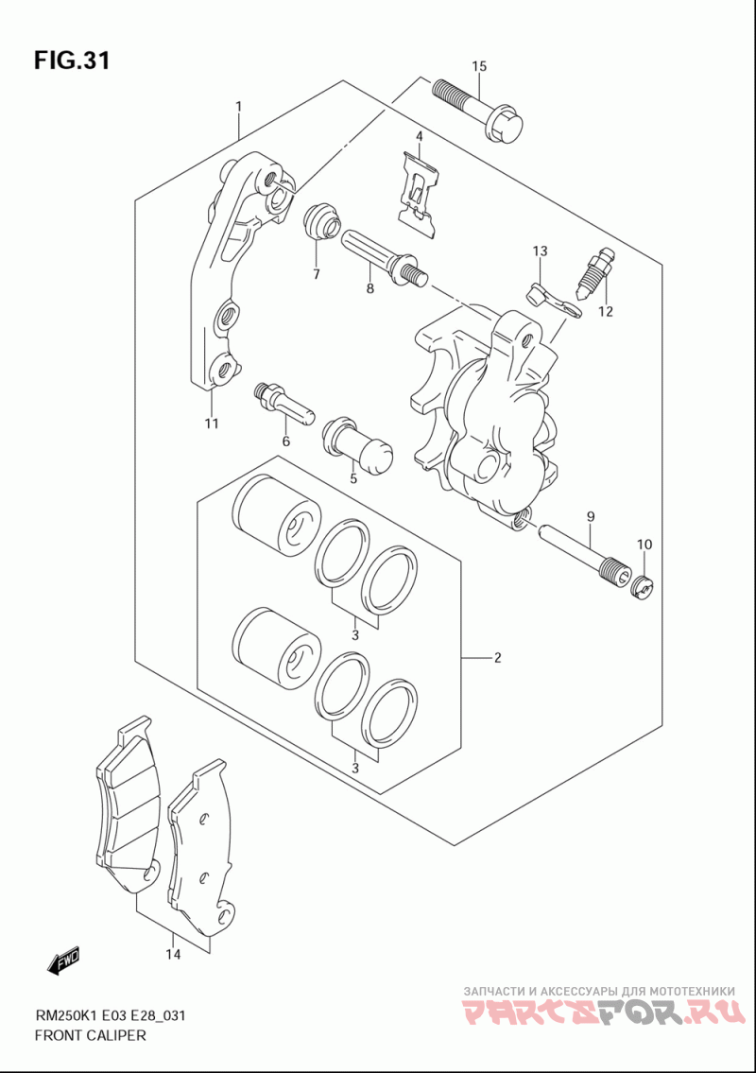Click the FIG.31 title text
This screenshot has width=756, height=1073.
click(x=72, y=61)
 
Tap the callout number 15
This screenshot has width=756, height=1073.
click(x=479, y=66)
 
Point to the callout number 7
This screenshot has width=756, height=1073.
click(x=316, y=274)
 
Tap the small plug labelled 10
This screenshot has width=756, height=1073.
click(x=644, y=588)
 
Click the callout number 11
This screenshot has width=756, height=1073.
click(x=211, y=423)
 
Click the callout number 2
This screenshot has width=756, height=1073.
click(x=497, y=658)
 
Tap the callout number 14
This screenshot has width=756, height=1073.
click(x=172, y=955)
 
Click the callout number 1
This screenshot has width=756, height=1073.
click(x=239, y=107)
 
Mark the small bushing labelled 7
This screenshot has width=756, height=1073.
click(x=321, y=223)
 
